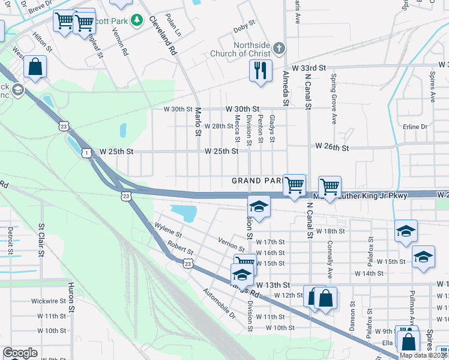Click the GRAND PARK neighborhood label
coord(256,181)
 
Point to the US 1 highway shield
coord(87,154)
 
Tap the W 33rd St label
coord(305,68)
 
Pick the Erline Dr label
coord(415,127)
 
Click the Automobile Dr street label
coord(219,304)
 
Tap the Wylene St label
coord(167,231)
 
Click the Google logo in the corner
coord(20,353)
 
